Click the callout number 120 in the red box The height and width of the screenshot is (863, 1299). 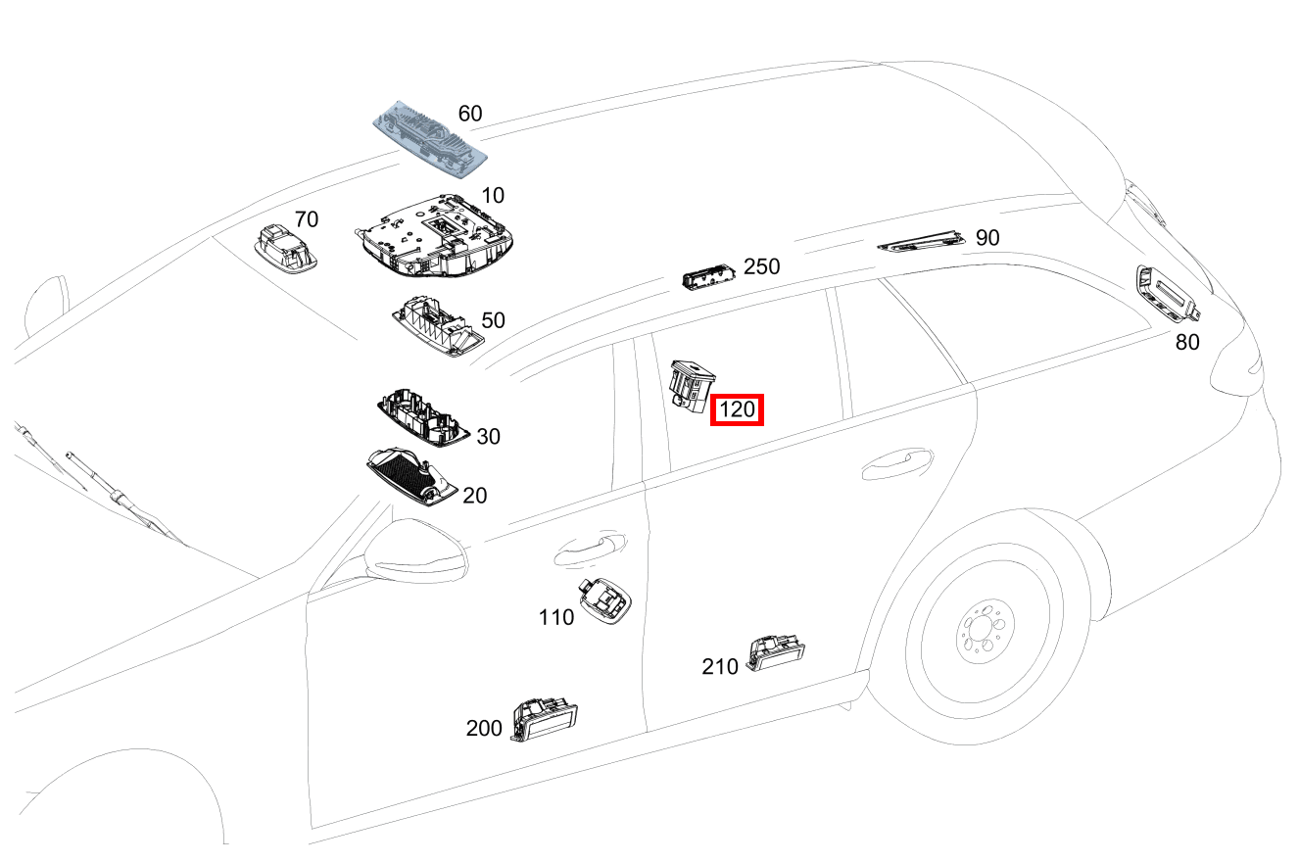pos(737,410)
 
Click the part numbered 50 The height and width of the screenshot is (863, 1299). pos(437,324)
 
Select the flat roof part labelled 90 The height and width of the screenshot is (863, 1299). pos(919,240)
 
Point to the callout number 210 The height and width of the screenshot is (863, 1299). pos(720,667)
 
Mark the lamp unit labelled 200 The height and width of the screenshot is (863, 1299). pos(544,720)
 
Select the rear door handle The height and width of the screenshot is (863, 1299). pos(896,463)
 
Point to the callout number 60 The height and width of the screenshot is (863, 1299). pos(470,114)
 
